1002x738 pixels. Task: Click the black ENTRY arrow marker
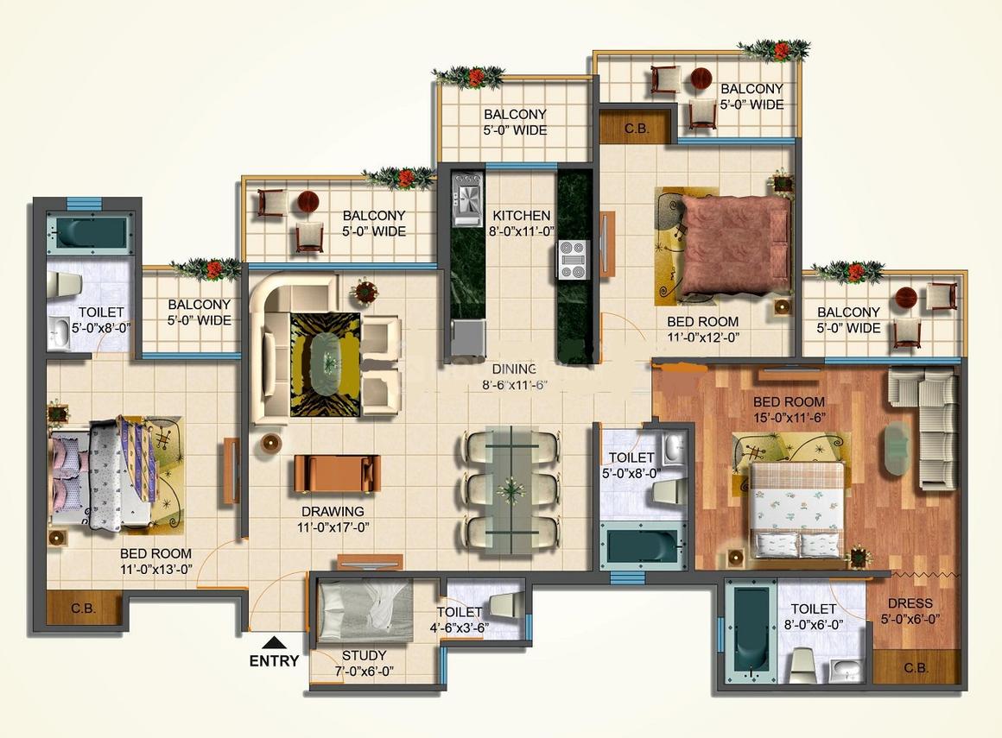tap(274, 642)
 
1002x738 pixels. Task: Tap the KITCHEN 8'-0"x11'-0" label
tap(522, 223)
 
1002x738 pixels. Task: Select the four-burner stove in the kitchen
tap(572, 260)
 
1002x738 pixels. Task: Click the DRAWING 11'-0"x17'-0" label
tap(333, 519)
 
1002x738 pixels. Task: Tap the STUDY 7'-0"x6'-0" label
tap(364, 663)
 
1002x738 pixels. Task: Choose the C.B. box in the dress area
tap(916, 666)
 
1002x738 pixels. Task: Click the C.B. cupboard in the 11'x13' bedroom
tap(84, 609)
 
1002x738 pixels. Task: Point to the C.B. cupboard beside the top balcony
tap(636, 129)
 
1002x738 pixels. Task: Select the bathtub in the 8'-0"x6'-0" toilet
tap(749, 630)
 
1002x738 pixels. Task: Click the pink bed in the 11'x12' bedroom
tap(734, 245)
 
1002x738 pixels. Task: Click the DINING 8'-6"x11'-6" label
tap(522, 377)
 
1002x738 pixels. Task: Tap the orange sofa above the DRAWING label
tap(337, 472)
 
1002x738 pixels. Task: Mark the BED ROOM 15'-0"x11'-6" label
tap(789, 409)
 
